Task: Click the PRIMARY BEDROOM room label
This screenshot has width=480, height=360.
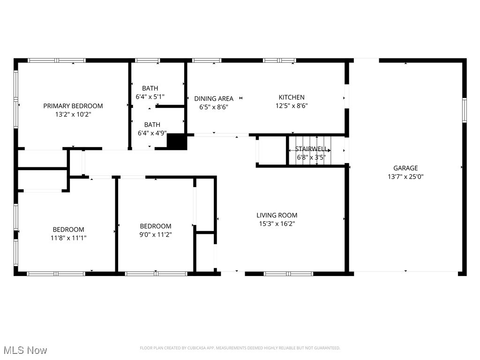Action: click(73, 106)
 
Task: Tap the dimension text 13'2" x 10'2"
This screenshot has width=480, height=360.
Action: click(73, 114)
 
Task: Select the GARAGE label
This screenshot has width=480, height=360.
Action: click(405, 168)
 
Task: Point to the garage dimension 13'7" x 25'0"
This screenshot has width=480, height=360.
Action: click(405, 177)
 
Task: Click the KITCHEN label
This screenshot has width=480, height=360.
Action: click(292, 97)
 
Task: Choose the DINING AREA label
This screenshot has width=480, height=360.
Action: click(214, 98)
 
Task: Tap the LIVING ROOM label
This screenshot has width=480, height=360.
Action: click(277, 216)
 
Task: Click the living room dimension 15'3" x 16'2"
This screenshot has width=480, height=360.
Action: click(277, 224)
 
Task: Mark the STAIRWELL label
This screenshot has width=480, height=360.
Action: click(311, 149)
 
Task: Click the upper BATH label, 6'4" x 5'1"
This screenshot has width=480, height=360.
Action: click(150, 88)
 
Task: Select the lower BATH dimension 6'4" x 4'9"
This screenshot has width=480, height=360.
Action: click(152, 133)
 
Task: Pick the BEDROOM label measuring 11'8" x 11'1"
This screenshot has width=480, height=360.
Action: click(68, 230)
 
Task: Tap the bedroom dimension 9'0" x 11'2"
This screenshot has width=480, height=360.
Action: click(156, 234)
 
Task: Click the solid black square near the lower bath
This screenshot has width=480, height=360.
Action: click(177, 142)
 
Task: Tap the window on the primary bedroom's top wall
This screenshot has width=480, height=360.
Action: click(57, 60)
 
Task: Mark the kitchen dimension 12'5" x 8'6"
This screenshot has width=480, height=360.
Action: click(292, 105)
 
